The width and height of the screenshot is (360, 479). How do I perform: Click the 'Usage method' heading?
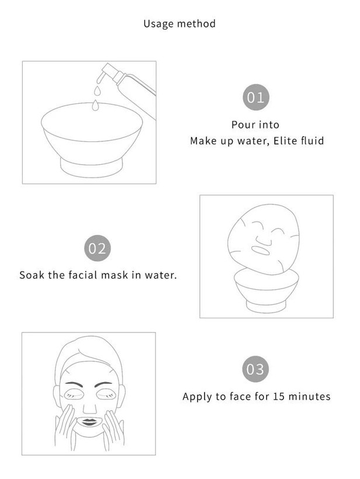(x=179, y=24)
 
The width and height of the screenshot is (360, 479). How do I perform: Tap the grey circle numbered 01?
(x=256, y=98)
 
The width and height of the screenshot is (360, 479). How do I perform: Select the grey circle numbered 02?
(x=97, y=248)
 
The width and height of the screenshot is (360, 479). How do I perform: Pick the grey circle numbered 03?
(x=255, y=369)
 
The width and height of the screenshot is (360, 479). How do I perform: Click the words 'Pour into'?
(x=255, y=124)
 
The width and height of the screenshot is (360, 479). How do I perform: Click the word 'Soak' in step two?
(x=32, y=275)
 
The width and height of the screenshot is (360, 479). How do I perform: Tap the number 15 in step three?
(x=279, y=396)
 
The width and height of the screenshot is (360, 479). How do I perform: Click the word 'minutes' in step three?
(x=309, y=396)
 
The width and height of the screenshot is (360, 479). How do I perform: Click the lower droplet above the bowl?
(x=95, y=105)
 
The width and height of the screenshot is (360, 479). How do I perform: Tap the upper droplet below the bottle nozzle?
(x=97, y=91)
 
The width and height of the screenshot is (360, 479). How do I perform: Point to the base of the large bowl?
(x=91, y=168)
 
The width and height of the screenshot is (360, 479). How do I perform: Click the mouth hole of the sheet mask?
(x=261, y=250)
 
